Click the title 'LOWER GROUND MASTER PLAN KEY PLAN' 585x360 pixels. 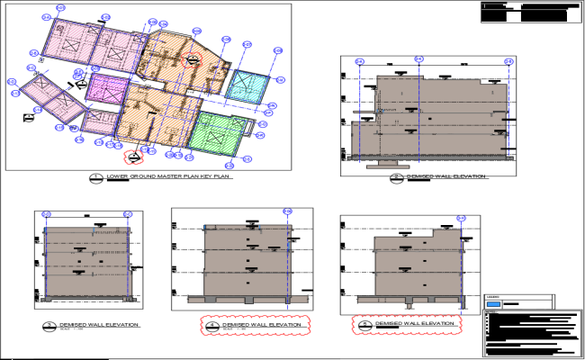(169, 176)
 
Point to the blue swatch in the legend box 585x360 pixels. (493, 304)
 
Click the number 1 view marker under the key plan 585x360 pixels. (96, 177)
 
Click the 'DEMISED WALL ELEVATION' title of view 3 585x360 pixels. (99, 323)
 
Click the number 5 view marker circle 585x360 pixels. (364, 324)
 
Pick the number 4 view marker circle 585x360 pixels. (211, 325)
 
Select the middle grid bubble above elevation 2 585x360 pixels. (418, 60)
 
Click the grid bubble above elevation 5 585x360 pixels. (462, 218)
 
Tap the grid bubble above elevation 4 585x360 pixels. (287, 211)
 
